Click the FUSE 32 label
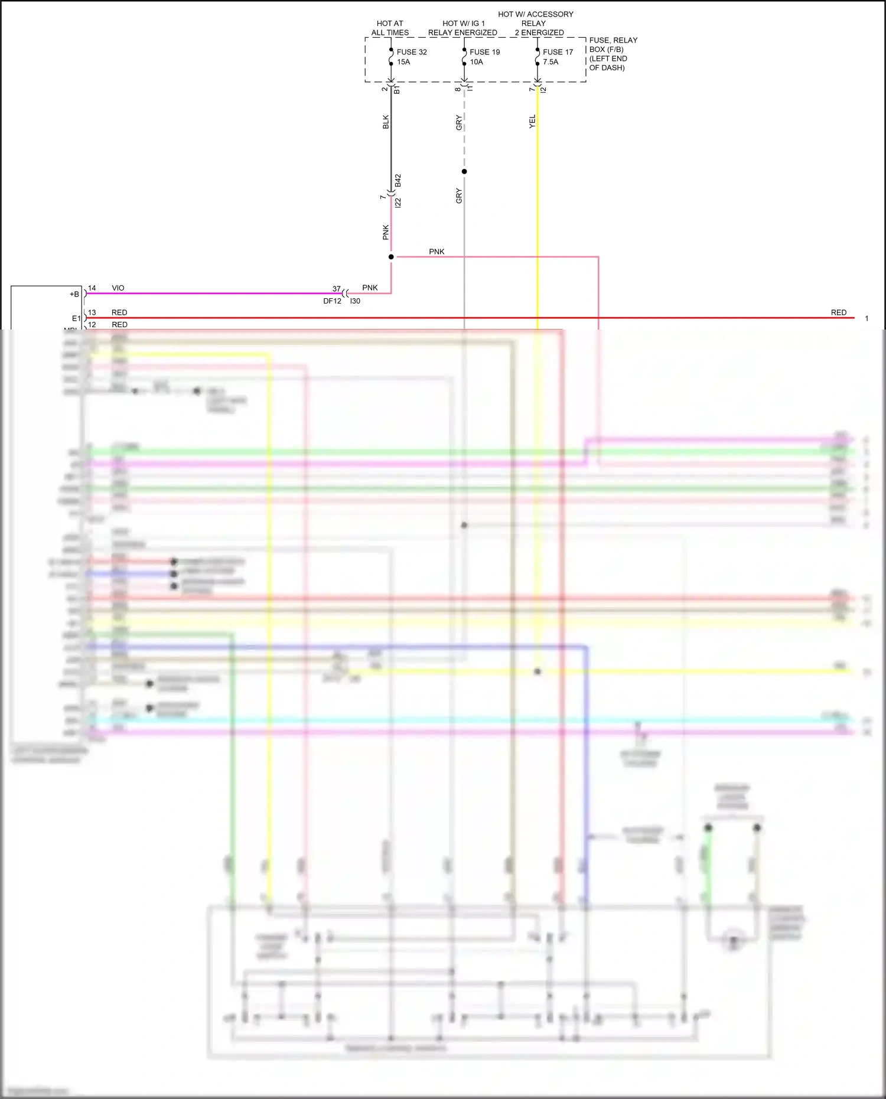[x=412, y=52]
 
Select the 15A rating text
[x=403, y=62]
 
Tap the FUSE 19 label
[x=484, y=52]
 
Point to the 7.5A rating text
[x=551, y=62]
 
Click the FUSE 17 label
[x=558, y=52]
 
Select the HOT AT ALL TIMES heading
[x=390, y=28]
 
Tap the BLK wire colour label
[x=386, y=122]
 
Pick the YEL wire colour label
[x=532, y=122]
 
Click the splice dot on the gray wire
[x=464, y=172]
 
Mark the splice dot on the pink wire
[x=391, y=257]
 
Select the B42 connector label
[x=398, y=181]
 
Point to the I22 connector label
[x=398, y=203]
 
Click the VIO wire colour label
[x=118, y=288]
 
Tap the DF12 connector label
[x=332, y=301]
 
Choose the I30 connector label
[x=355, y=301]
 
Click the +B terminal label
[x=74, y=294]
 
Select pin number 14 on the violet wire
[x=92, y=288]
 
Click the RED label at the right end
[x=838, y=312]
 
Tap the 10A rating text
[x=476, y=62]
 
